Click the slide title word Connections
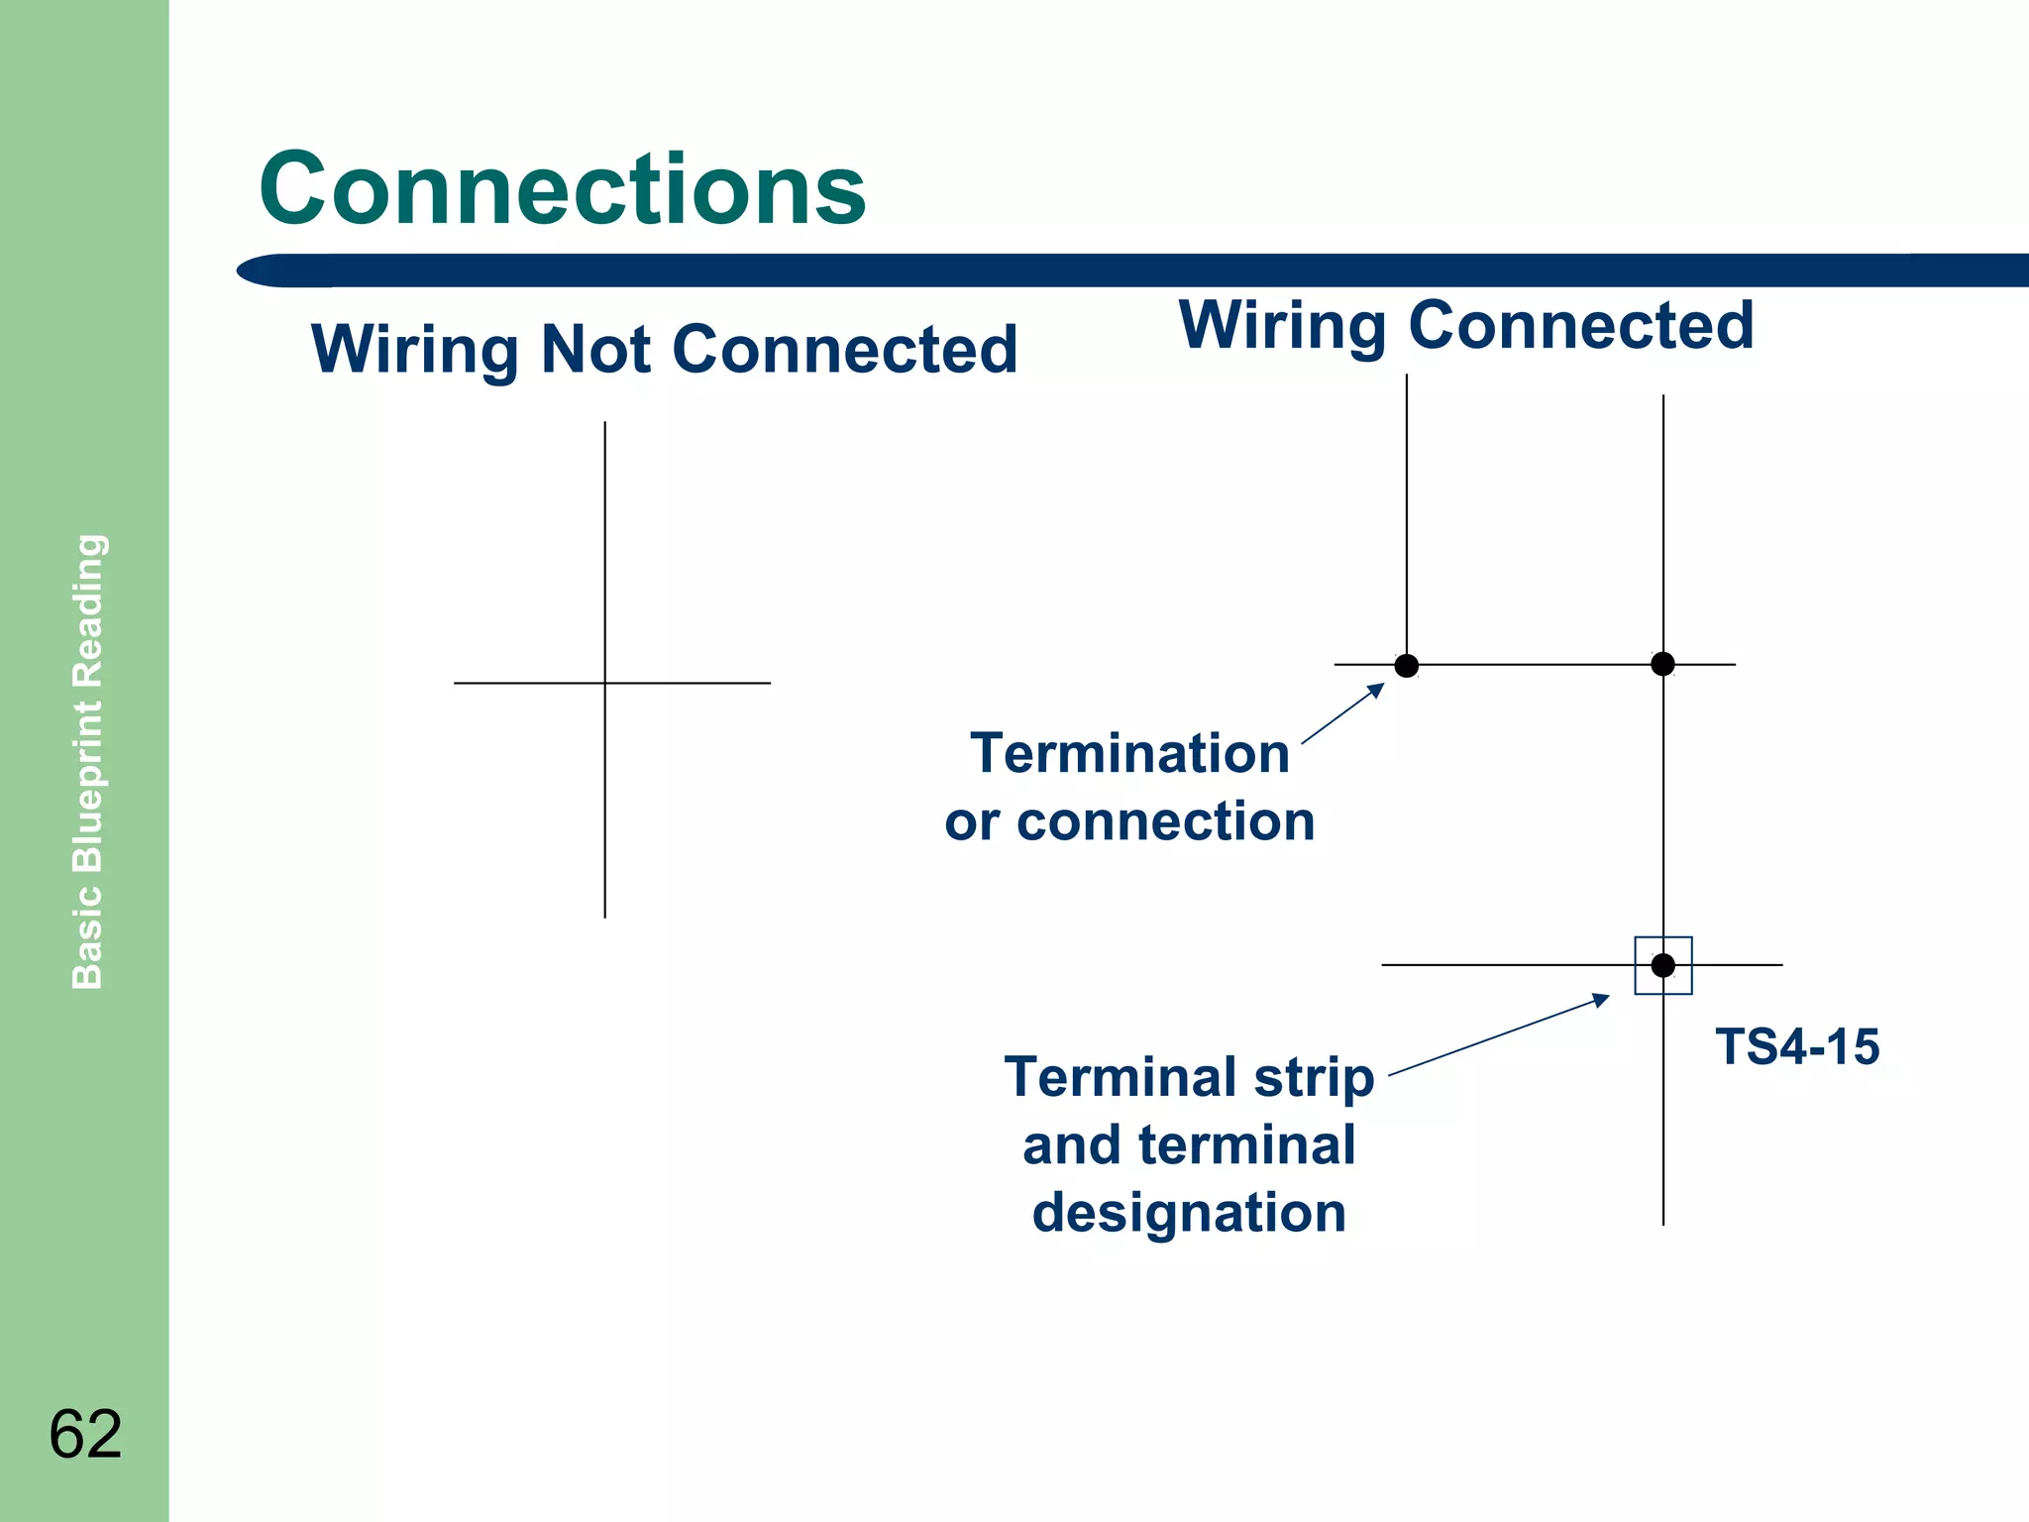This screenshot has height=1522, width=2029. pyautogui.click(x=562, y=189)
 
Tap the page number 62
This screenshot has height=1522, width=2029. pyautogui.click(x=85, y=1433)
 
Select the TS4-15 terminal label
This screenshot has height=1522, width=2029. pyautogui.click(x=1797, y=1046)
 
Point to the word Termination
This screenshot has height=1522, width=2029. pyautogui.click(x=1129, y=753)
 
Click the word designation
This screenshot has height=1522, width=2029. pyautogui.click(x=1189, y=1212)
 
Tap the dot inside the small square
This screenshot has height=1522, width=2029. pyautogui.click(x=1663, y=965)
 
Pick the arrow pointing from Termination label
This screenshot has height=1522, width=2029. pyautogui.click(x=1343, y=712)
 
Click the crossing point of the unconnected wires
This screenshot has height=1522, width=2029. pyautogui.click(x=605, y=683)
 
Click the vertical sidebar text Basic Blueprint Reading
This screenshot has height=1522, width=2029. pyautogui.click(x=88, y=761)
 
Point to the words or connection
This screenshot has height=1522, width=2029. pyautogui.click(x=1129, y=821)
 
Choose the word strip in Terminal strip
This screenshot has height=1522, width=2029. pyautogui.click(x=1314, y=1077)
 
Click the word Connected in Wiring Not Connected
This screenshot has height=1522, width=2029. pyautogui.click(x=844, y=350)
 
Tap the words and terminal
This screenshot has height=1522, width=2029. pyautogui.click(x=1189, y=1145)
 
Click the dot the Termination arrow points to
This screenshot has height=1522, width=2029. pyautogui.click(x=1406, y=666)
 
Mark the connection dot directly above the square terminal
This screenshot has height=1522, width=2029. pyautogui.click(x=1663, y=664)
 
